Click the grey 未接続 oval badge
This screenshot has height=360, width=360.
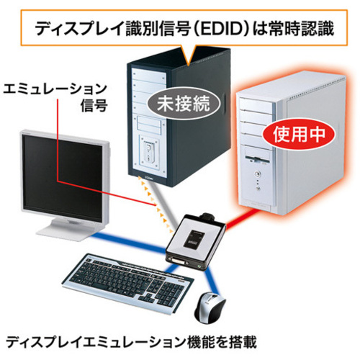point(184,104)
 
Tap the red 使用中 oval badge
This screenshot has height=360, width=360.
point(299,134)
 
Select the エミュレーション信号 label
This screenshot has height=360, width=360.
point(55,96)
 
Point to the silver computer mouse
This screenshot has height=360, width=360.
point(210,307)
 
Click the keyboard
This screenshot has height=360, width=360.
point(128,282)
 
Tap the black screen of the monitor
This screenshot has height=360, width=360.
point(63,178)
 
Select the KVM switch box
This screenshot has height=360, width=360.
point(196,241)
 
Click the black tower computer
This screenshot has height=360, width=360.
point(179,117)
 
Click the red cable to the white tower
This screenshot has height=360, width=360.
point(241,219)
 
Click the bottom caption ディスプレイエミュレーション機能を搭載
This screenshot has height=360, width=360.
point(131,342)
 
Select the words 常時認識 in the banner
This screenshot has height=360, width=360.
point(302,29)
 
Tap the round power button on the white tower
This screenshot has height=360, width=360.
point(258,173)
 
